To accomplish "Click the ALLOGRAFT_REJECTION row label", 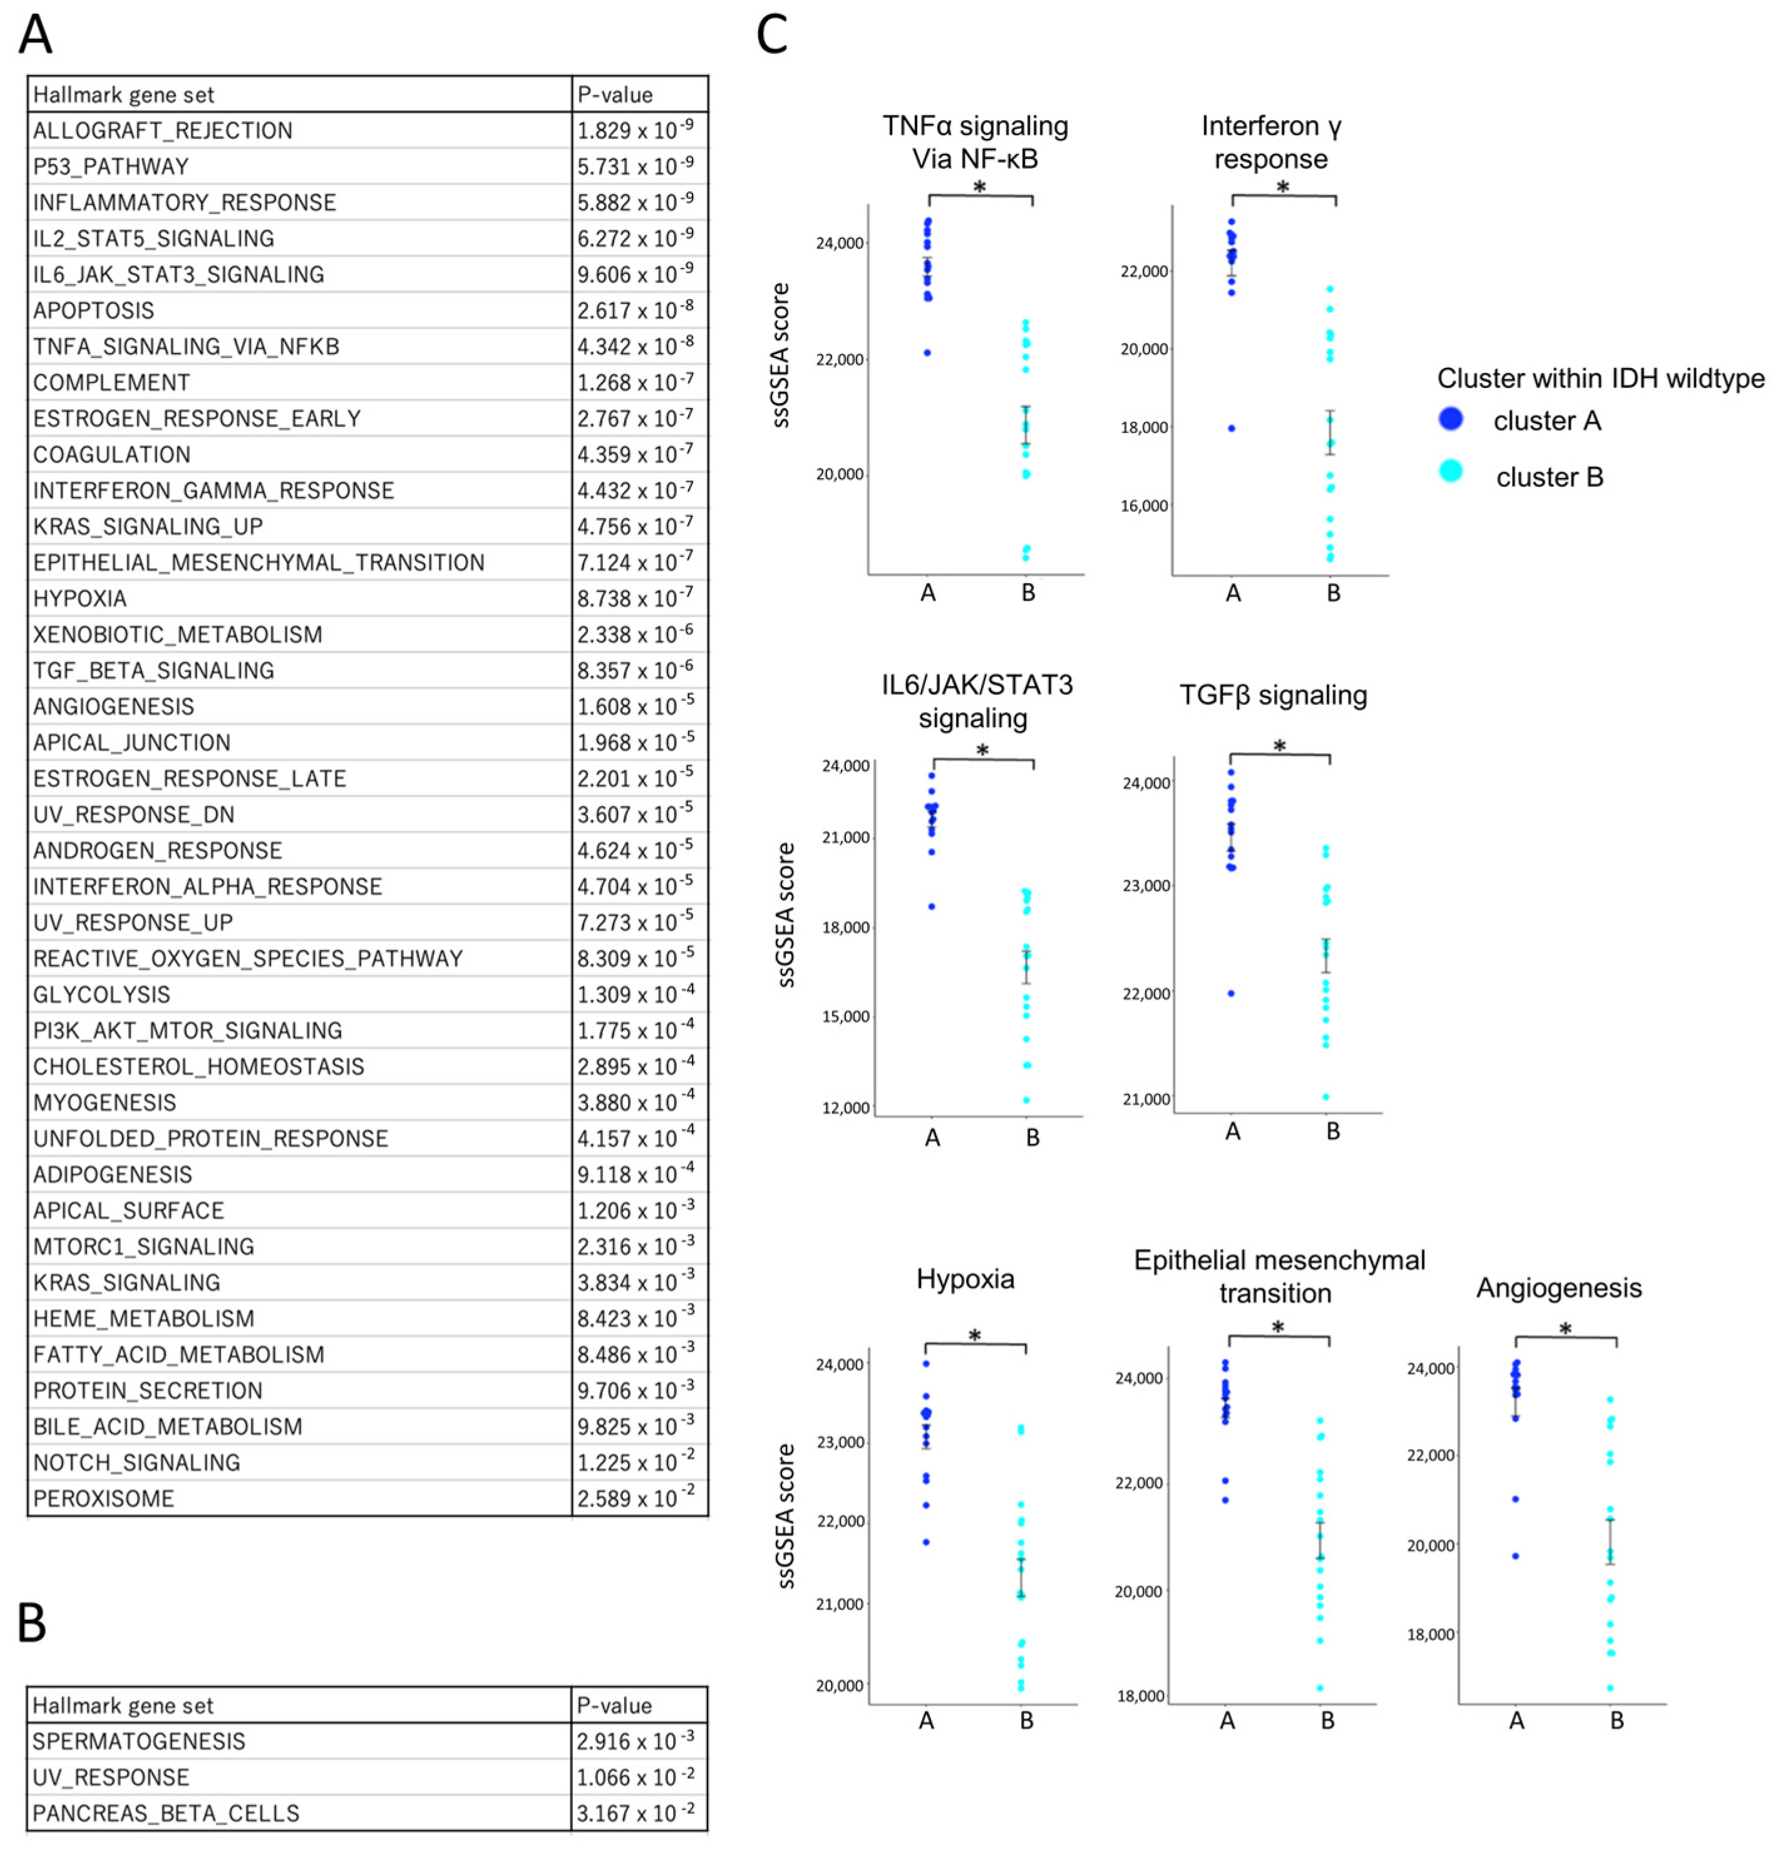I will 162,130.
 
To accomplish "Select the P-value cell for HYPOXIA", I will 634,598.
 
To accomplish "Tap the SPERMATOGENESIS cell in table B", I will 139,1741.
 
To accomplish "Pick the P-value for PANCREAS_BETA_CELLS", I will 634,1812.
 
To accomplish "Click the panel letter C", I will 772,35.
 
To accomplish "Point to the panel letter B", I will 32,1622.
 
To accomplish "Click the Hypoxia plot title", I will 965,1279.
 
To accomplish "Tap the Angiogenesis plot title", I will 1558,1288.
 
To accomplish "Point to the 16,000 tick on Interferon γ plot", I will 1144,506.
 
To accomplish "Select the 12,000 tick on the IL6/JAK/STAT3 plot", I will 846,1108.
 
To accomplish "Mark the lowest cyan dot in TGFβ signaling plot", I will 1325,1096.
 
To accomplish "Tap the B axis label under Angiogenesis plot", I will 1616,1721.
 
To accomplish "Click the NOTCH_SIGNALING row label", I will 137,1462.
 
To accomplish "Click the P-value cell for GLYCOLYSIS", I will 634,994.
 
